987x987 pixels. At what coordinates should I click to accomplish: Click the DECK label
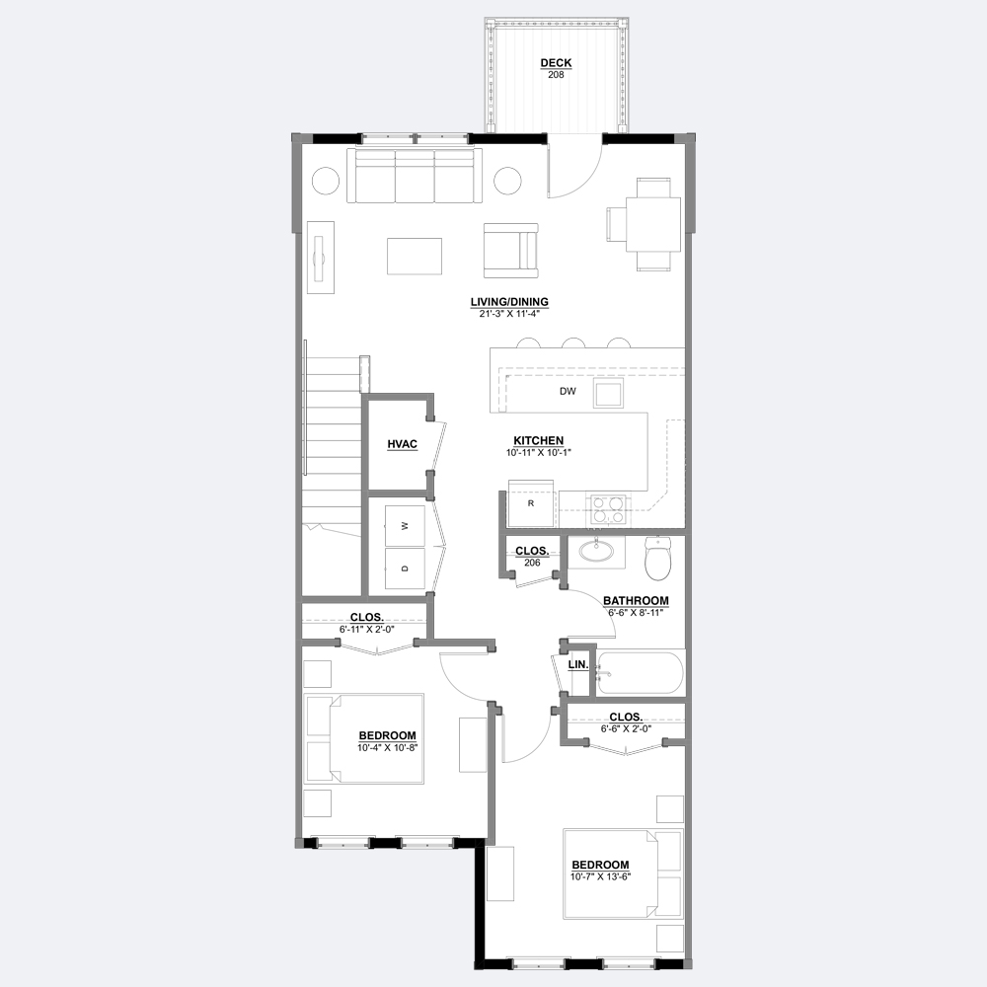[556, 63]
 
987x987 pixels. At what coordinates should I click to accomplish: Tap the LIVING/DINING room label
[509, 302]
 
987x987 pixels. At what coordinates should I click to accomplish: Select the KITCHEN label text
[538, 440]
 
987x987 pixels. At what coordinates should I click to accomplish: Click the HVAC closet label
[403, 444]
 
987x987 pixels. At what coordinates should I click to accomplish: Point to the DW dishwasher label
[568, 392]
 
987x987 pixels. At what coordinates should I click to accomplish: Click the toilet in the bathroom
[658, 559]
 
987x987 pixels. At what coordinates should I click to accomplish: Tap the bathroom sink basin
[596, 552]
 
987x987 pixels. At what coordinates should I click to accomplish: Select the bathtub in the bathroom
[641, 673]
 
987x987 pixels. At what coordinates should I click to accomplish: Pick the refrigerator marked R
[531, 503]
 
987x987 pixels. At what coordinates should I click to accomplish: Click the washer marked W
[405, 526]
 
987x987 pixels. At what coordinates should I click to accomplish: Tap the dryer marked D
[405, 569]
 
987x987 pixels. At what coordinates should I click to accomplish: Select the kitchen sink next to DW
[609, 393]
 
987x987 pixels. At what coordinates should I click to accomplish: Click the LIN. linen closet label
[578, 664]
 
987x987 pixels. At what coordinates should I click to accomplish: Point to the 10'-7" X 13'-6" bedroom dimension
[600, 876]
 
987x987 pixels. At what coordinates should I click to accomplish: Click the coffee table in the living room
[415, 257]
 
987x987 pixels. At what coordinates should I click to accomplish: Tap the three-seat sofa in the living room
[415, 176]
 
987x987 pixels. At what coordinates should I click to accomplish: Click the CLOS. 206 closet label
[532, 557]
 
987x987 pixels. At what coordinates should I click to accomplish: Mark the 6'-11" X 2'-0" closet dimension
[367, 629]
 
